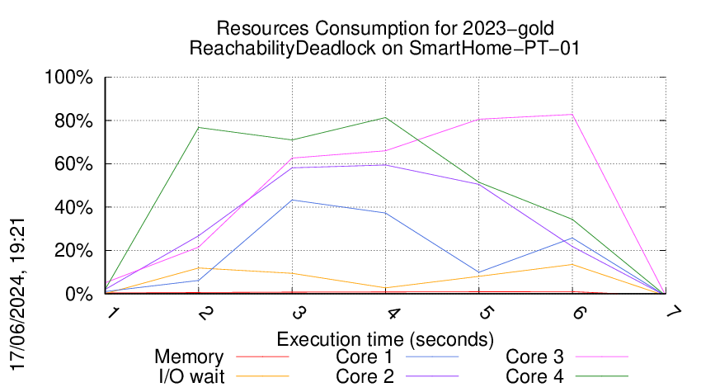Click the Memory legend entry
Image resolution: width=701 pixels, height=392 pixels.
click(189, 357)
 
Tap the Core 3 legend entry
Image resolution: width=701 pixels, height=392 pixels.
click(534, 357)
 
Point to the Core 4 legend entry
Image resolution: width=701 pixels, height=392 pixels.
click(534, 375)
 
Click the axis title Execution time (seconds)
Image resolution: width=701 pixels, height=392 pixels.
click(385, 339)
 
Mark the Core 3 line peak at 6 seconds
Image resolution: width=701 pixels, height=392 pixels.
click(572, 115)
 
